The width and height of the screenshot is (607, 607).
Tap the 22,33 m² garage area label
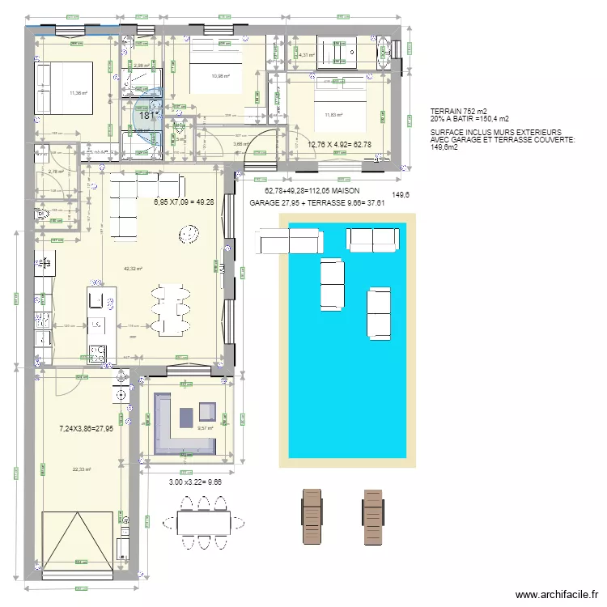pos(81,469)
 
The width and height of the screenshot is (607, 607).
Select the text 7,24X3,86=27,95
pos(87,429)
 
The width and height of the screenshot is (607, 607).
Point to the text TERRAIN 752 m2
pos(459,111)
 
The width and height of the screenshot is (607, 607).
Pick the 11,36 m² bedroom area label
pos(79,93)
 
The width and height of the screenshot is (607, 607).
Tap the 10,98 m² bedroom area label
pos(220,77)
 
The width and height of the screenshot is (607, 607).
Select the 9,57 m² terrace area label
pos(204,429)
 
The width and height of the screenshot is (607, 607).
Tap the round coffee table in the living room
pos(190,235)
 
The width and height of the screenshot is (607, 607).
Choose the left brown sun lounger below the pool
pos(312,517)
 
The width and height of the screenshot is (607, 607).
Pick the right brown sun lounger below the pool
pos(373,517)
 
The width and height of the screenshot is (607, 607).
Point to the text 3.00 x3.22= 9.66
pos(196,482)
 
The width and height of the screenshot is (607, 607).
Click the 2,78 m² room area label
pos(55,172)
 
